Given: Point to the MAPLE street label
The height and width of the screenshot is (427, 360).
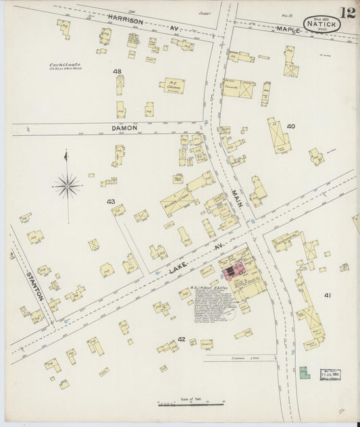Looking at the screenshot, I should coord(288,29).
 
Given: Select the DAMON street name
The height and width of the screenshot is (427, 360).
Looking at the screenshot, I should coord(125,127).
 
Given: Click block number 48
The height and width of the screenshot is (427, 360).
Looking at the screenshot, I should coord(118,72).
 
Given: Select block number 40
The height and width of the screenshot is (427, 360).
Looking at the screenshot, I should coord(291,126).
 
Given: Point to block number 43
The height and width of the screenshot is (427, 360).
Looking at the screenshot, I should coord(111,201).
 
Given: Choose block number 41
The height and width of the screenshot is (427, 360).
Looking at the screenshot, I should coord(328,295).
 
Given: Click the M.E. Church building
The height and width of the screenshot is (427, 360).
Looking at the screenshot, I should coord(171,86).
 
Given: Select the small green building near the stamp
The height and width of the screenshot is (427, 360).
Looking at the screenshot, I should coord(304,372).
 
